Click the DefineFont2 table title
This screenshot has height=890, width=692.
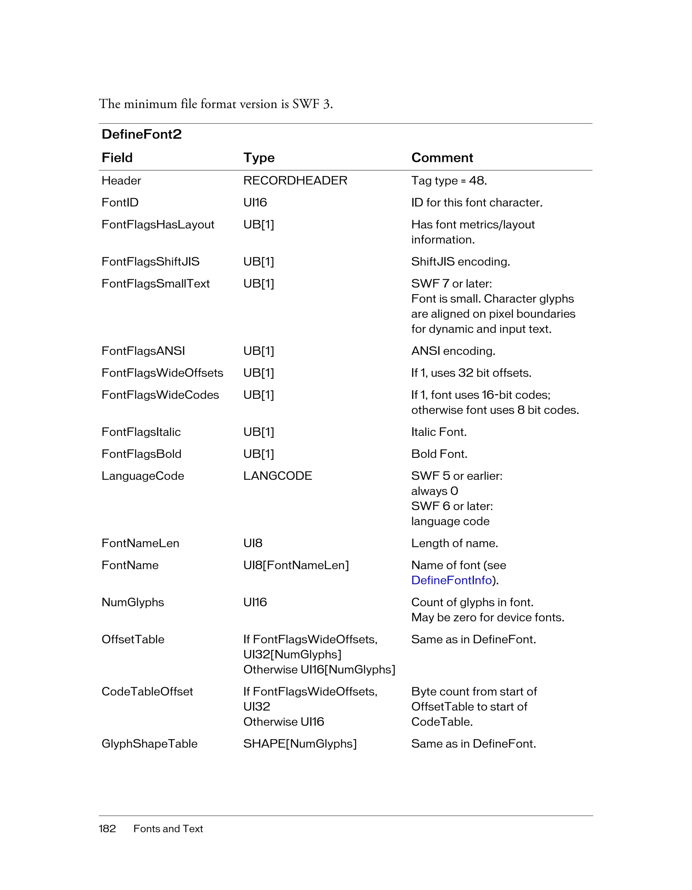point(141,134)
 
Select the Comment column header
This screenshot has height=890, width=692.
point(442,158)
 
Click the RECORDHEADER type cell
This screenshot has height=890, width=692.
point(295,181)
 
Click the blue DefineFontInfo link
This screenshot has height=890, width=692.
point(451,580)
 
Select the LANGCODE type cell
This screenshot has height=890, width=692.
point(277,476)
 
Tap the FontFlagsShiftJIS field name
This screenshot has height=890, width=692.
point(150,262)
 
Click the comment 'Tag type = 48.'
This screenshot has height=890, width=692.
point(449,181)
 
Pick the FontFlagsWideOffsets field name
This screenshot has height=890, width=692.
point(162,373)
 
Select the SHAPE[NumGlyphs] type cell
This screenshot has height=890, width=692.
point(300,744)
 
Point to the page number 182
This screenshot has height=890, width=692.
point(107,828)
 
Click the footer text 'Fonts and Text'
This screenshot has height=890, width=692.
point(168,828)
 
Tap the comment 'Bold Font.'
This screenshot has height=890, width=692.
point(439,454)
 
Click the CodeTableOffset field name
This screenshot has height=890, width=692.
point(147,692)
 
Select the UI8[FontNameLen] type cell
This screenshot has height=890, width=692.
point(296,565)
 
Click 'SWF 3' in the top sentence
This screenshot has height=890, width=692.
point(311,104)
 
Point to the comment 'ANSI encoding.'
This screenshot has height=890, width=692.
point(453,351)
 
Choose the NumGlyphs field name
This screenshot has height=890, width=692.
point(132,602)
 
